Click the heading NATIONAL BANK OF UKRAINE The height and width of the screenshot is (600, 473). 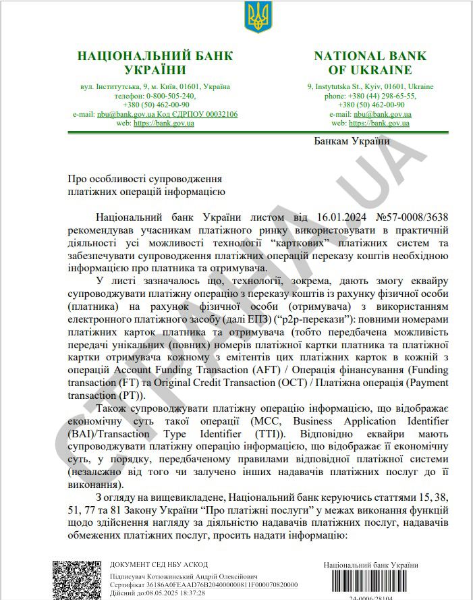tap(370, 63)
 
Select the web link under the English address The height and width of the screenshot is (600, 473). tap(380, 124)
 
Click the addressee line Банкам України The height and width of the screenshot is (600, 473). tap(352, 141)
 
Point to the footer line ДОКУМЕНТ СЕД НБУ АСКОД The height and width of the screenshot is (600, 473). tap(159, 564)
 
